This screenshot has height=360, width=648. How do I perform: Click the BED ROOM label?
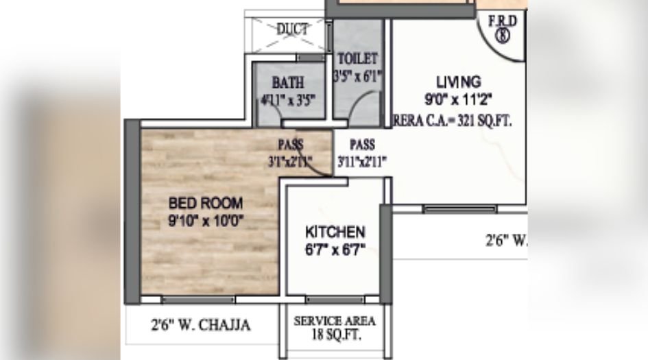[206, 204]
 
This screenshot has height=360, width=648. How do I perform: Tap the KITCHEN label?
[335, 232]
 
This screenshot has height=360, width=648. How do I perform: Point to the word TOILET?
[357, 58]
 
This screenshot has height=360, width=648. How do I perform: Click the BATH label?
[288, 83]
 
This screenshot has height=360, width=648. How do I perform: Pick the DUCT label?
[293, 29]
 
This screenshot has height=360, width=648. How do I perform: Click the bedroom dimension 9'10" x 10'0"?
[206, 221]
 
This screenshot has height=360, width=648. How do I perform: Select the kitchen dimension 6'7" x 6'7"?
[335, 249]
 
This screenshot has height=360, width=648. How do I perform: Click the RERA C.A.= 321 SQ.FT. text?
[453, 120]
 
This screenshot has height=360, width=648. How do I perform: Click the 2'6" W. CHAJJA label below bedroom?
[200, 324]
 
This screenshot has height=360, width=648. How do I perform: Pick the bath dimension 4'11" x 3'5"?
[287, 99]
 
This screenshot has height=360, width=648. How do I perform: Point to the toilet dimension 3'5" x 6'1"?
[357, 75]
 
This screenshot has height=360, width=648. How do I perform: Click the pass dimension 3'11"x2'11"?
[362, 162]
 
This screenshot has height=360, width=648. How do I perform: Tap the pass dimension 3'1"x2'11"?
[290, 162]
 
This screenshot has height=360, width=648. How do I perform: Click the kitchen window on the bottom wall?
[335, 300]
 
